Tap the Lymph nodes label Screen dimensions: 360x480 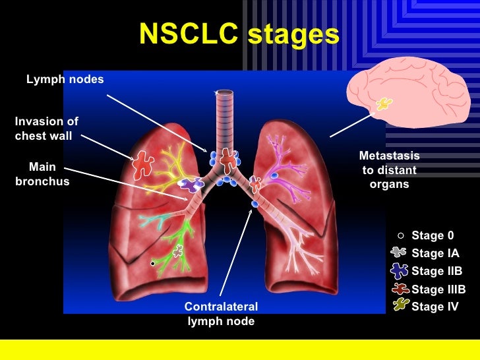point(65,80)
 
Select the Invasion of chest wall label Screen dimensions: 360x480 point(46,129)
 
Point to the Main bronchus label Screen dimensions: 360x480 point(42,174)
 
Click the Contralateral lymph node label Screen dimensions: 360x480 point(221,315)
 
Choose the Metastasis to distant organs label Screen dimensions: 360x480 point(389,170)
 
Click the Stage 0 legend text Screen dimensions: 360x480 point(433,235)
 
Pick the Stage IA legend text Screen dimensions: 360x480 point(435,253)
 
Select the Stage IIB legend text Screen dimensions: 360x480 point(436,271)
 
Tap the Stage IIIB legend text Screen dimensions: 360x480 point(438,289)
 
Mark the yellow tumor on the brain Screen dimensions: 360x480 point(383,104)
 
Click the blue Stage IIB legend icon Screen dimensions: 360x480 point(398,270)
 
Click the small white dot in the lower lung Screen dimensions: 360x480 point(152,264)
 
